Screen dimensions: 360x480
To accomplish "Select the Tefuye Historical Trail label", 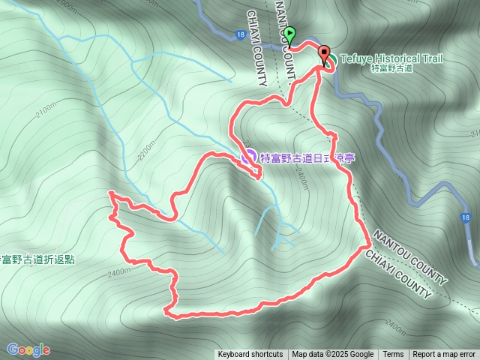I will tap(391, 58).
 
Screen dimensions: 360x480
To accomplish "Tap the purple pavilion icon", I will tap(247, 157).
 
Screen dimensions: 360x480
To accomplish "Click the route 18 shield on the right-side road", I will tap(466, 217).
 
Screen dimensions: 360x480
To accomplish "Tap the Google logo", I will tap(28, 349).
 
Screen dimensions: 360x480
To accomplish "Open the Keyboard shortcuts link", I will tap(250, 354).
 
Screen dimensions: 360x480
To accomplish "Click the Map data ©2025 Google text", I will tap(333, 354).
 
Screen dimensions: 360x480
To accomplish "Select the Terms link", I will tap(393, 354).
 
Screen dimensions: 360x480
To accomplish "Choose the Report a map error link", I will tap(445, 354).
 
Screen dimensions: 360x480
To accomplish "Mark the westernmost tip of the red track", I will tap(109, 193).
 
